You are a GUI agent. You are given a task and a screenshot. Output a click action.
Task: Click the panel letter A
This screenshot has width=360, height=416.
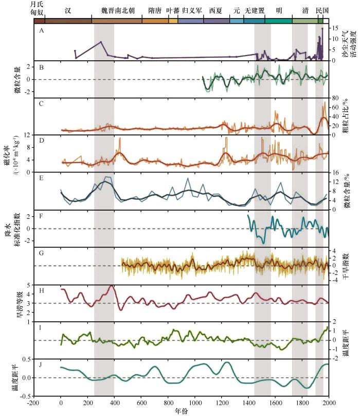(x=41, y=30)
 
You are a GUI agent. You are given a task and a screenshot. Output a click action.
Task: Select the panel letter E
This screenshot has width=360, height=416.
(x=41, y=177)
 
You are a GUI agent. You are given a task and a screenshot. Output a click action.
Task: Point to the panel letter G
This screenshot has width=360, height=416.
(x=41, y=252)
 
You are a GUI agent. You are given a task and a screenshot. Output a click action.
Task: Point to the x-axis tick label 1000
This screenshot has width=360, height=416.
(x=195, y=403)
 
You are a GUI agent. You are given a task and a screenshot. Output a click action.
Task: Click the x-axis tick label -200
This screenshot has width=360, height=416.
(x=33, y=403)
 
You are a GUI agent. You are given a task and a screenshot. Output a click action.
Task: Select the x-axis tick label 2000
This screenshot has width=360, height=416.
(x=329, y=403)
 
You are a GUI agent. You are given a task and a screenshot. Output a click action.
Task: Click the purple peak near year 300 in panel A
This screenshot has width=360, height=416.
(x=101, y=42)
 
